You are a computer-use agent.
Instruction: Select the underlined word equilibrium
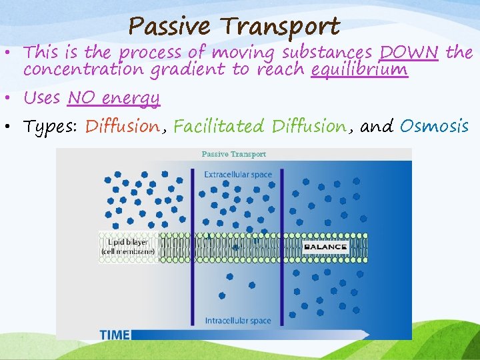pyautogui.click(x=359, y=69)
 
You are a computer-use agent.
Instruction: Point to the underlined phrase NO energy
pyautogui.click(x=114, y=98)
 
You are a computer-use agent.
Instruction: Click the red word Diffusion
pyautogui.click(x=123, y=126)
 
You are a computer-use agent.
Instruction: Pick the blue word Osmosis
pyautogui.click(x=434, y=126)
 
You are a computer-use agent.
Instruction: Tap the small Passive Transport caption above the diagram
pyautogui.click(x=234, y=154)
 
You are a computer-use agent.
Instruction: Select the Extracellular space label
pyautogui.click(x=238, y=175)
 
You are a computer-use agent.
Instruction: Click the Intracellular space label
pyautogui.click(x=238, y=321)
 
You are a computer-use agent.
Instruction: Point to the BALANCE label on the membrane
pyautogui.click(x=325, y=247)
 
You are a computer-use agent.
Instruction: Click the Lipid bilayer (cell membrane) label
pyautogui.click(x=127, y=247)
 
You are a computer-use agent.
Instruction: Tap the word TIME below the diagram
pyautogui.click(x=115, y=335)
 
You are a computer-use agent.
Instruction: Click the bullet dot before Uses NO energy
pyautogui.click(x=12, y=99)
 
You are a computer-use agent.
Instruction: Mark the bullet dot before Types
pyautogui.click(x=12, y=127)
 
